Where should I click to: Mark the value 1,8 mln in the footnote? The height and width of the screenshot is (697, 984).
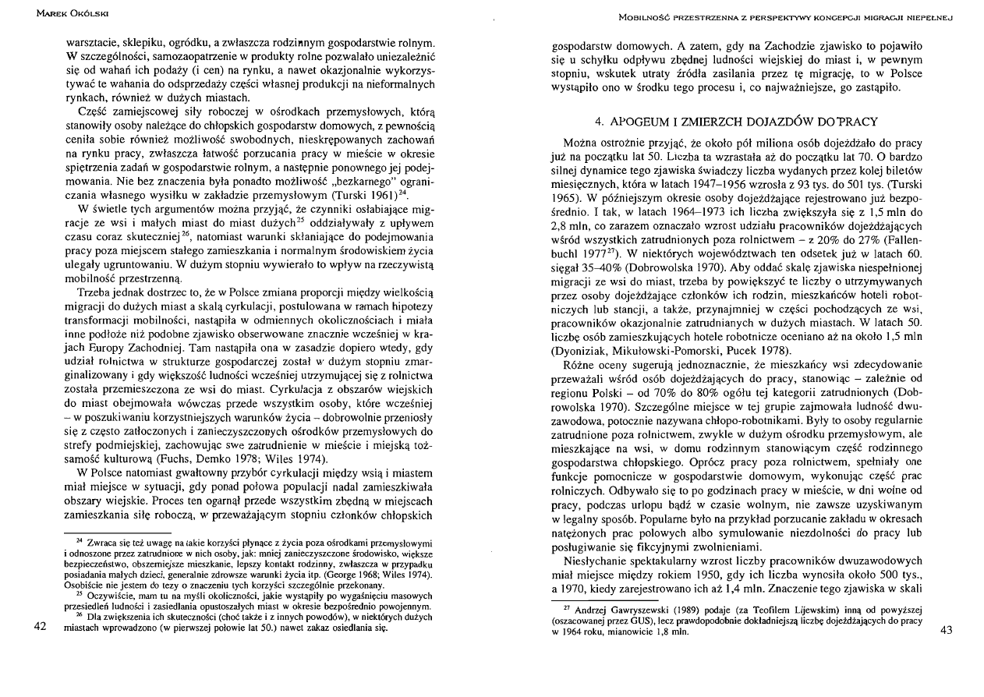(672, 631)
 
